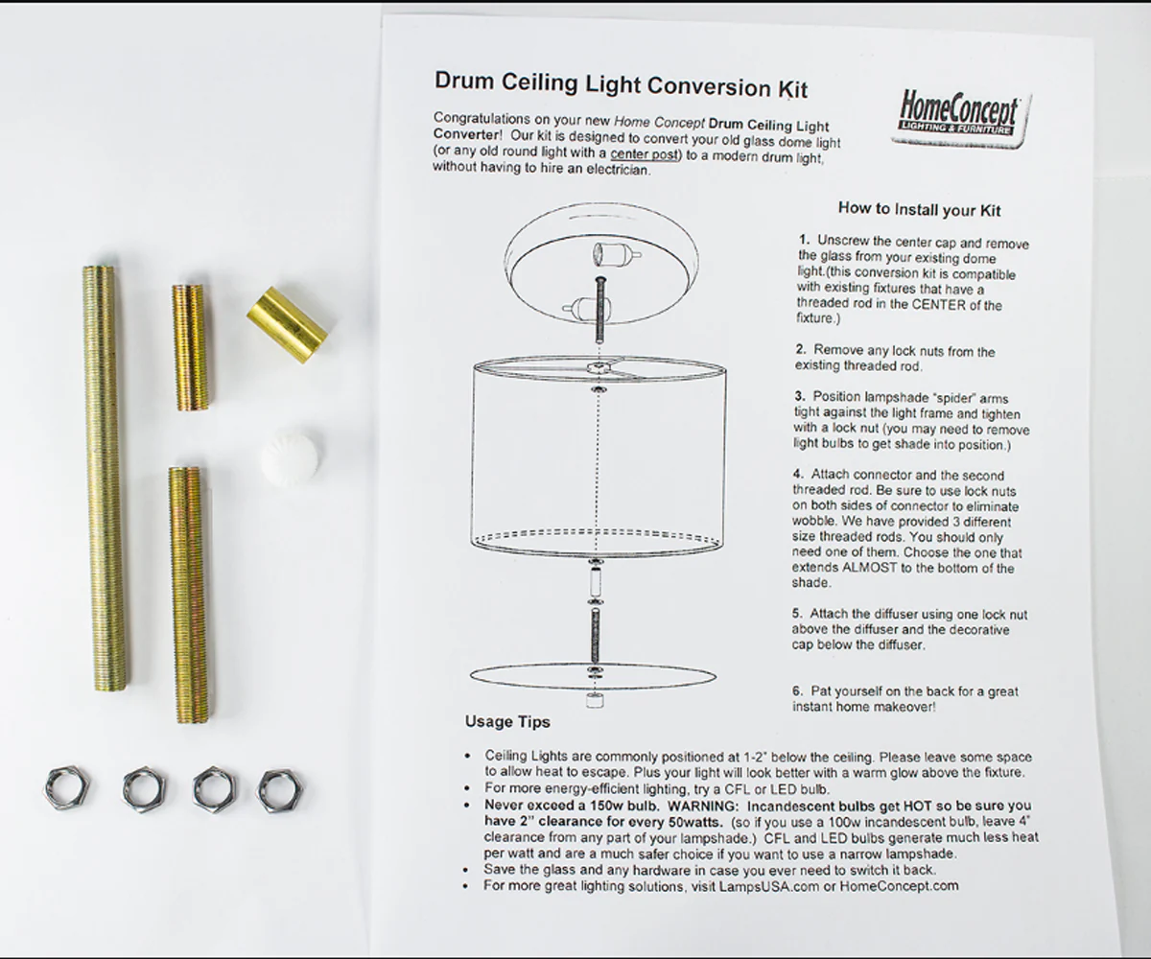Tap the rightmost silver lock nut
pyautogui.click(x=278, y=788)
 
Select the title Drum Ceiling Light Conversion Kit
pyautogui.click(x=621, y=85)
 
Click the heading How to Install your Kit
pyautogui.click(x=919, y=208)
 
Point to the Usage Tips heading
pyautogui.click(x=507, y=721)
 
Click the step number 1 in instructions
pyautogui.click(x=803, y=238)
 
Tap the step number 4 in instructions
pyautogui.click(x=798, y=475)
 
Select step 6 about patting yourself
pyautogui.click(x=904, y=699)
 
